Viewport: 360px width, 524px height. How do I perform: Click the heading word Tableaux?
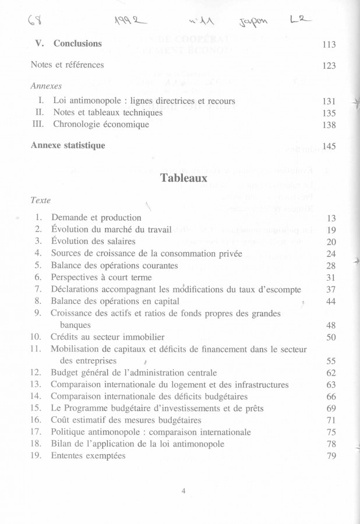point(183,178)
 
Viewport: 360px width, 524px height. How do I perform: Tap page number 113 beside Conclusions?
point(329,44)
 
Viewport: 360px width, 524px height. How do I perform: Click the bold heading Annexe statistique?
point(68,146)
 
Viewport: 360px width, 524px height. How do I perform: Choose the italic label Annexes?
point(46,85)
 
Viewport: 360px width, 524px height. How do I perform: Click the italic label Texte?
point(40,200)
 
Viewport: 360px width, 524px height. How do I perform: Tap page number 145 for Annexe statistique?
point(329,146)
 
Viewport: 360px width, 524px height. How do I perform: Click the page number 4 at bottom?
point(183,491)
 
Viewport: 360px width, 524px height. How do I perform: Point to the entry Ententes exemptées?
point(88,456)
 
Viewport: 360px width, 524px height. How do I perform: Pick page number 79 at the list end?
point(331,456)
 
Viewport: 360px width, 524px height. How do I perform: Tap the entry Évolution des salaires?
point(93,242)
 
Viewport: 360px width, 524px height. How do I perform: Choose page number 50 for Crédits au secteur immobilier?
point(331,337)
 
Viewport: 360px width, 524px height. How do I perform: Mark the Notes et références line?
point(67,65)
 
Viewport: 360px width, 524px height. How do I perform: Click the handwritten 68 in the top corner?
point(33,23)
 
